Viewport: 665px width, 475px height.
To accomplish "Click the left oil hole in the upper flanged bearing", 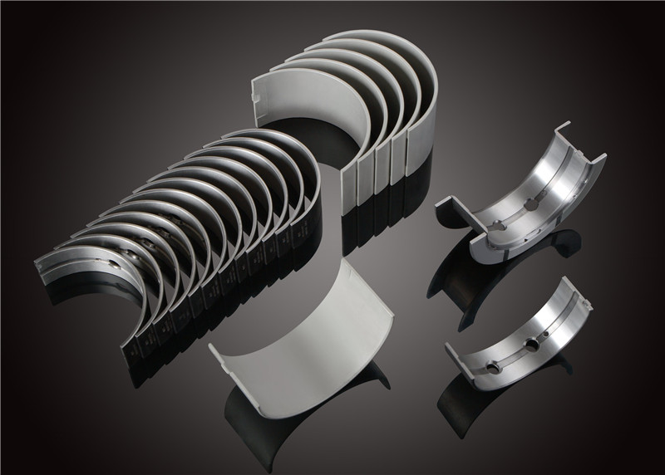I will [500, 225].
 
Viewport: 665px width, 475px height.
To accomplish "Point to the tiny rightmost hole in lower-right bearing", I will [544, 331].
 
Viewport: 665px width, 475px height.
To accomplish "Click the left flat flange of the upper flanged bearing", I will [456, 208].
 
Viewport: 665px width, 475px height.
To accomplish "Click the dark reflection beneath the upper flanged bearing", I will [507, 266].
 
